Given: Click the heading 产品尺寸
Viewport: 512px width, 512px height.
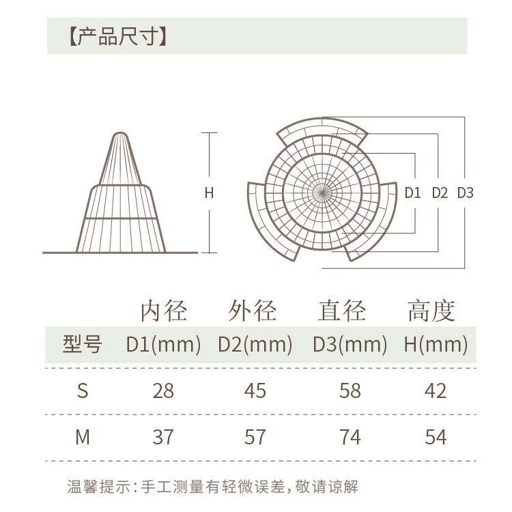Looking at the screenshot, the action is click(x=118, y=36).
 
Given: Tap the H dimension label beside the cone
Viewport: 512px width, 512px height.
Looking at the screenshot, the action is click(x=210, y=193).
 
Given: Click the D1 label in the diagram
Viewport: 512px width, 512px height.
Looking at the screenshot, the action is click(x=413, y=193).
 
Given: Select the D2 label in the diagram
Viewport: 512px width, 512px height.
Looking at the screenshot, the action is click(x=440, y=193).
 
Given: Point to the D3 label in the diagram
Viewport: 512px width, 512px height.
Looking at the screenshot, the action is click(x=465, y=193).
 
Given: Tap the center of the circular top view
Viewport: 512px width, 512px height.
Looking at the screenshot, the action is click(x=322, y=192).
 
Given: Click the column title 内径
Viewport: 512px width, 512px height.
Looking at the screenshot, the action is click(x=163, y=311).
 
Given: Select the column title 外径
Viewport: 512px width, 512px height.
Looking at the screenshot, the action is click(x=253, y=311).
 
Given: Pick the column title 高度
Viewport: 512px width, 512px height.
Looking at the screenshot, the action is click(x=431, y=311).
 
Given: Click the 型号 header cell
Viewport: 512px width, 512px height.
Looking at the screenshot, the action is click(x=82, y=345).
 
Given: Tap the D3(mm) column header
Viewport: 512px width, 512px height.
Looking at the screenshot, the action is click(x=350, y=345).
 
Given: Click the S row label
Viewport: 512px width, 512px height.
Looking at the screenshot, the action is click(x=83, y=390).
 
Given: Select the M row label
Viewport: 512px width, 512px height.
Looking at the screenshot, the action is click(x=83, y=436).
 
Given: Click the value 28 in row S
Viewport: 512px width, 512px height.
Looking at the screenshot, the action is click(x=163, y=390).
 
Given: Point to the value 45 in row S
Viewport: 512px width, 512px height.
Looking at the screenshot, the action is click(x=255, y=390).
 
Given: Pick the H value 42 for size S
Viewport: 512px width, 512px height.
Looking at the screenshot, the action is click(x=435, y=390).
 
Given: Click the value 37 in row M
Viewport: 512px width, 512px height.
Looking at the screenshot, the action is click(x=163, y=436).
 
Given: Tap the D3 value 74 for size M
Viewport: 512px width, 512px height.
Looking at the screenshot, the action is click(x=350, y=436).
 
